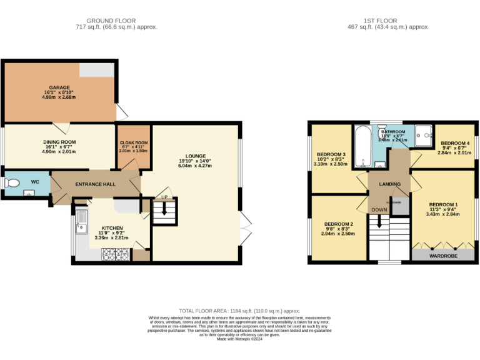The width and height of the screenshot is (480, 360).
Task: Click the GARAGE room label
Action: (x=60, y=87)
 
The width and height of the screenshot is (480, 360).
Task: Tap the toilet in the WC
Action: (x=12, y=183)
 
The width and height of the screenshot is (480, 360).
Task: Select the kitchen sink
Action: (x=81, y=222)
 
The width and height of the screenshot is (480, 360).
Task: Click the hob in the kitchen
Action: (x=115, y=254)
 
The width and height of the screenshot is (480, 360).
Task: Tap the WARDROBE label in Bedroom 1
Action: (x=442, y=256)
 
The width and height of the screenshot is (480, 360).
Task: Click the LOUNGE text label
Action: (x=196, y=156)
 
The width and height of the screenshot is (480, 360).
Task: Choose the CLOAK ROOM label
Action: (x=133, y=142)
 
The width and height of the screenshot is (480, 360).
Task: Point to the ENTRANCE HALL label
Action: (x=96, y=184)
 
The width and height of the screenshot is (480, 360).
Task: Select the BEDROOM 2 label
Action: (x=339, y=224)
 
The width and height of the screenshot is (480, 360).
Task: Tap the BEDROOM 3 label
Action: (x=331, y=155)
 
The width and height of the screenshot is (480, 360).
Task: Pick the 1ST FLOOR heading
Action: (x=388, y=21)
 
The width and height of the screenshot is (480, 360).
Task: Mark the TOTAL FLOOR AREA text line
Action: (x=240, y=311)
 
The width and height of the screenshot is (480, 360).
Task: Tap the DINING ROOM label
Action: (x=59, y=142)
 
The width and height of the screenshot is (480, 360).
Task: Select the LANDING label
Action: (x=389, y=183)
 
